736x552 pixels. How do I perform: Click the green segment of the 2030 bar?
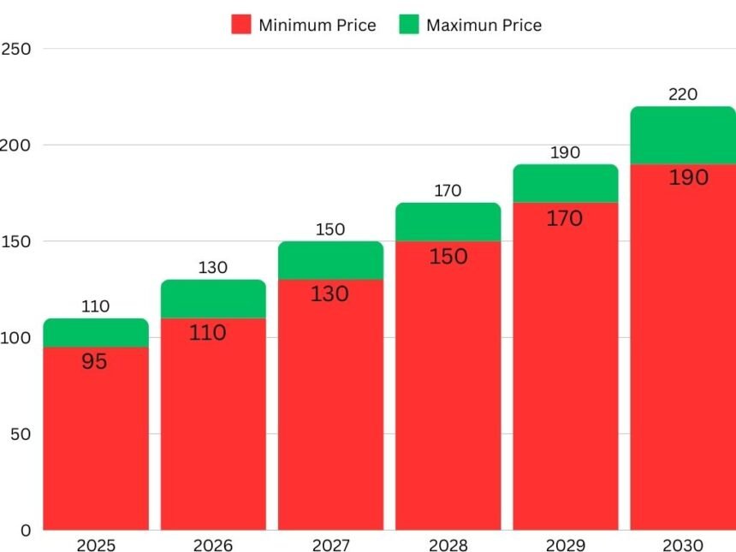[x=683, y=134]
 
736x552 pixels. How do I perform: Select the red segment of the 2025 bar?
[x=95, y=445]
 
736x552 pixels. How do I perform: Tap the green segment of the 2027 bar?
[x=330, y=260]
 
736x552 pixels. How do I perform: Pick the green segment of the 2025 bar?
[x=95, y=332]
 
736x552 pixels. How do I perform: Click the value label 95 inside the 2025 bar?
[x=94, y=362]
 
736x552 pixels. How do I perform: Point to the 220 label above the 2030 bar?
[x=683, y=94]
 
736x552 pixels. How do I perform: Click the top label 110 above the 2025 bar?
[x=95, y=306]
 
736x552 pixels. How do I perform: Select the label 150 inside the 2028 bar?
[x=448, y=256]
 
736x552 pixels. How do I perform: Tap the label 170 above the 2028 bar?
[x=448, y=190]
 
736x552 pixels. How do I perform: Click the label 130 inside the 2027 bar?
[x=330, y=294]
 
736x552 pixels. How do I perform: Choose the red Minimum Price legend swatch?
[x=240, y=25]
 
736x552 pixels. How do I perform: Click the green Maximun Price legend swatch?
[x=409, y=25]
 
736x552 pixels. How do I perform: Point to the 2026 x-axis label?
[x=212, y=545]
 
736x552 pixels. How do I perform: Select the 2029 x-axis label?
[x=565, y=545]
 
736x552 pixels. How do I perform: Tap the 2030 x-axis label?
[x=683, y=545]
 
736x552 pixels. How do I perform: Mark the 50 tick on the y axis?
[x=21, y=434]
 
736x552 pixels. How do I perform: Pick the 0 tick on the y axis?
[x=26, y=530]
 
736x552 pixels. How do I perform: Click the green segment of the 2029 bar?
[x=565, y=182]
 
